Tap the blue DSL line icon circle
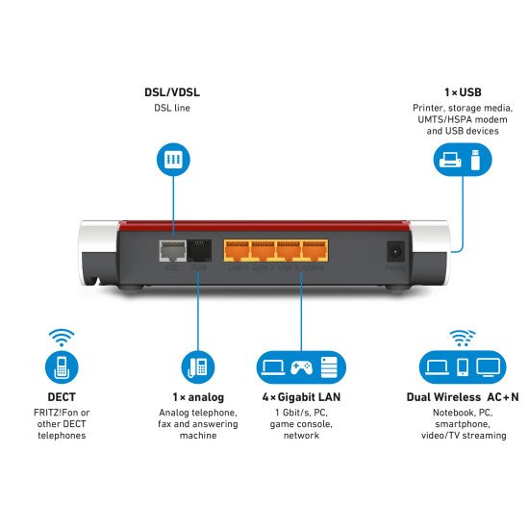173,160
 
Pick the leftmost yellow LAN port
237,250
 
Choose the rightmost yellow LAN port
315,250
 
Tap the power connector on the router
394,251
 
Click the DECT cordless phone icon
61,366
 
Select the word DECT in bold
61,395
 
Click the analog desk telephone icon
197,366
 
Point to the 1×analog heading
197,396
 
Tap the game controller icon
300,366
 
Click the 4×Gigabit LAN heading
300,396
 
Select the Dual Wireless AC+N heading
463,396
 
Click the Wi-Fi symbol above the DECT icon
62,338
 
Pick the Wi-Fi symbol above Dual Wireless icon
463,338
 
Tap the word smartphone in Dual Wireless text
463,423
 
